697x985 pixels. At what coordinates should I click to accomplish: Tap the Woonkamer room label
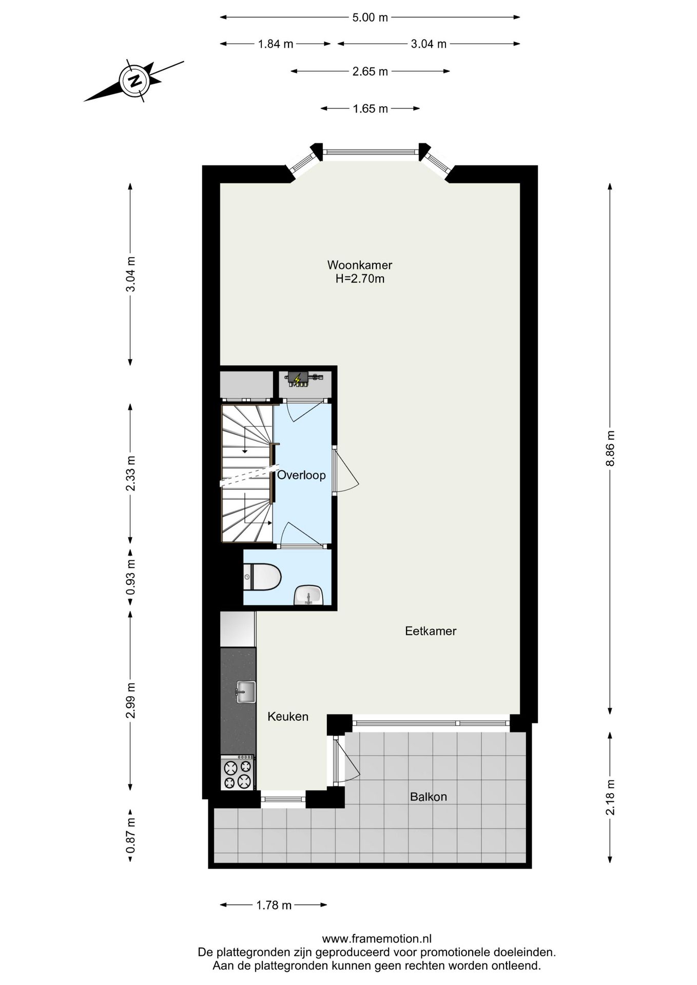pyautogui.click(x=360, y=265)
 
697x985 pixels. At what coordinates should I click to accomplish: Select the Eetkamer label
pyautogui.click(x=430, y=631)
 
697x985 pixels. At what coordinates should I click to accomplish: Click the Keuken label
pyautogui.click(x=288, y=717)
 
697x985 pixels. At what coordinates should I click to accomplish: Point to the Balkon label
pyautogui.click(x=428, y=797)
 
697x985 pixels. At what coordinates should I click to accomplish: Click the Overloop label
pyautogui.click(x=301, y=475)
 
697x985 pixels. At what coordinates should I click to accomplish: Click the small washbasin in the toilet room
pyautogui.click(x=308, y=596)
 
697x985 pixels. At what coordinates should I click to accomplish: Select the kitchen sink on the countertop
pyautogui.click(x=245, y=692)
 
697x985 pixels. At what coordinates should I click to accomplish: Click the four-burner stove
pyautogui.click(x=237, y=774)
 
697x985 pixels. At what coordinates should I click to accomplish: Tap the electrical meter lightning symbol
pyautogui.click(x=297, y=380)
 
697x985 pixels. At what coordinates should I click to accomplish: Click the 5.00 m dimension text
pyautogui.click(x=370, y=17)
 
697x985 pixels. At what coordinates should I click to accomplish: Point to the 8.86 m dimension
pyautogui.click(x=610, y=448)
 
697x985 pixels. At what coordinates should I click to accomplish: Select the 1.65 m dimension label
pyautogui.click(x=370, y=109)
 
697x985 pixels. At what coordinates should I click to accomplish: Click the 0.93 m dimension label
pyautogui.click(x=130, y=577)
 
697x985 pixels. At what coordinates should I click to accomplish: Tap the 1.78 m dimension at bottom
pyautogui.click(x=274, y=905)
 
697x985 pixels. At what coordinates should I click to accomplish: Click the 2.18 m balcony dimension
pyautogui.click(x=610, y=797)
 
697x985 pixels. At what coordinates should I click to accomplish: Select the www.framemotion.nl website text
pyautogui.click(x=376, y=939)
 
